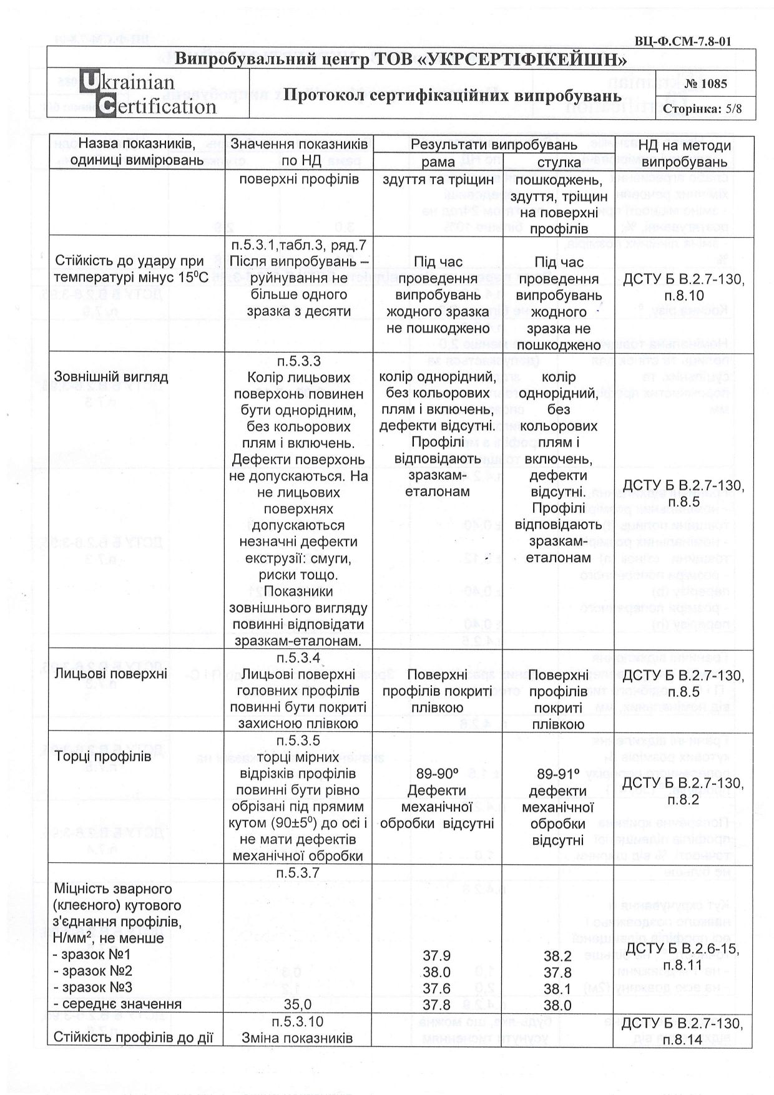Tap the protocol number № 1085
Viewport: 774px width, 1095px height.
705,84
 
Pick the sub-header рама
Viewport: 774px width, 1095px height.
438,162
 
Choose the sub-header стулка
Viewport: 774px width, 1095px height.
558,162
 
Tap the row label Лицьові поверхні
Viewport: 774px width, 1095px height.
110,673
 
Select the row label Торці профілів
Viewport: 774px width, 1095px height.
102,757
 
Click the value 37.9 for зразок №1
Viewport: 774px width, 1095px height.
436,955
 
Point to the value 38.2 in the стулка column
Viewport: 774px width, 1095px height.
557,955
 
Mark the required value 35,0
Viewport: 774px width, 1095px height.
298,1004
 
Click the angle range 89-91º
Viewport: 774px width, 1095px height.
558,774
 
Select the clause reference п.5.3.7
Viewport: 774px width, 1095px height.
298,873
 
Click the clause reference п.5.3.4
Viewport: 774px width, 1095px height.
298,658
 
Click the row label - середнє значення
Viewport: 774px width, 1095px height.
117,1004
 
